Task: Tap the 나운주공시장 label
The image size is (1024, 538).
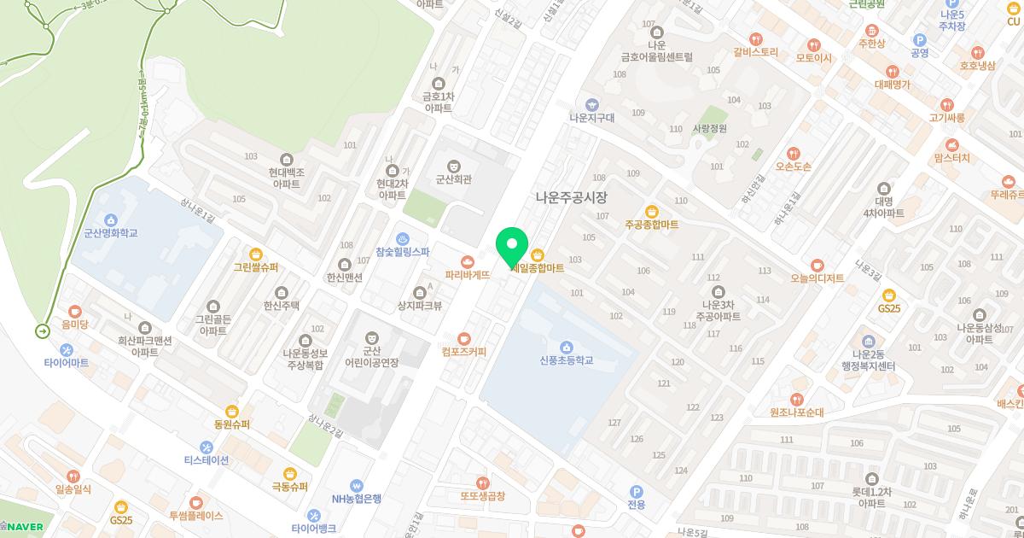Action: click(571, 196)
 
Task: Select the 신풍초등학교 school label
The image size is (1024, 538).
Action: click(566, 360)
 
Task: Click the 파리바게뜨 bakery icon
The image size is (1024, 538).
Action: click(467, 261)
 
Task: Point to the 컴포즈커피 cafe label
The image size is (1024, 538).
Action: click(463, 351)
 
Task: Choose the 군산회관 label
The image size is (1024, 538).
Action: click(454, 179)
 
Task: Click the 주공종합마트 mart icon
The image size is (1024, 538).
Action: click(652, 211)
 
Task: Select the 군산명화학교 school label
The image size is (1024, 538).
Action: click(111, 232)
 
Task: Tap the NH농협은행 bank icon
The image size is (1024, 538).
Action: click(357, 485)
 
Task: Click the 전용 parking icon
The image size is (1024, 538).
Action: click(636, 491)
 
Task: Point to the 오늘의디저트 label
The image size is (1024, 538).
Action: click(817, 278)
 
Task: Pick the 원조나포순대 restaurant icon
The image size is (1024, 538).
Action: click(796, 399)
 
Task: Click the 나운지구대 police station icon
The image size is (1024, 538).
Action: click(592, 104)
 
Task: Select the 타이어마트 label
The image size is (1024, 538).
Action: click(66, 363)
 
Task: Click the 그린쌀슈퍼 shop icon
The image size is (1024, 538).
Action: click(256, 254)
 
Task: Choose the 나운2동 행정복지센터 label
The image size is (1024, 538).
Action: click(867, 360)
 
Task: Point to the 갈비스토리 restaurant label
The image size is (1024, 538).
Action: click(756, 51)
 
